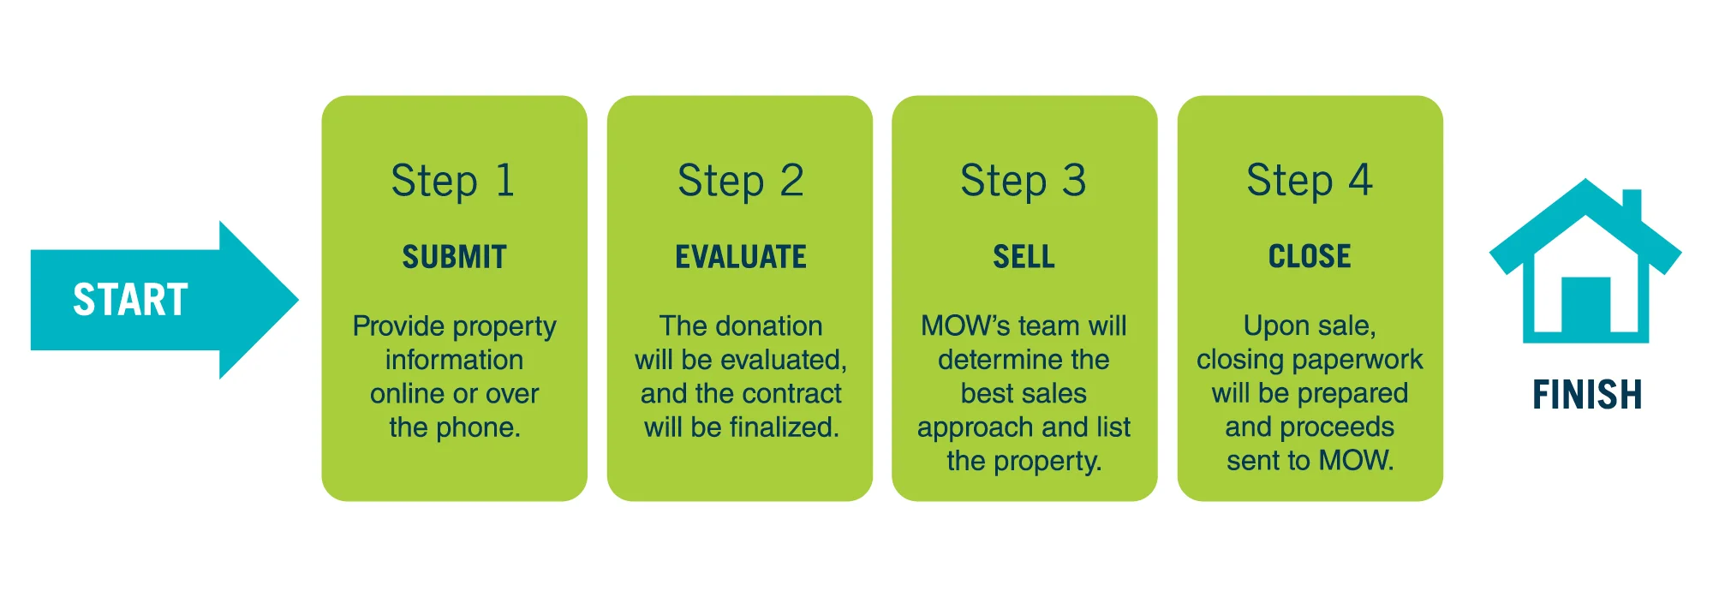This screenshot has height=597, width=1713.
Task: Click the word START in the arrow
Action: (130, 300)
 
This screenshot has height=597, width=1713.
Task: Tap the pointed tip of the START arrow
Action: (298, 300)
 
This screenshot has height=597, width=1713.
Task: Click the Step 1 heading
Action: (453, 182)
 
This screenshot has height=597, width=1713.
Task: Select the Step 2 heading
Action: (740, 182)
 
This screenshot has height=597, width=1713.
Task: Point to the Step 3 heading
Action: (1024, 182)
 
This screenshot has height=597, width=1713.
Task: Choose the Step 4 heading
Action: (1310, 182)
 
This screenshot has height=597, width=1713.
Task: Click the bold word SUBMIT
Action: (455, 257)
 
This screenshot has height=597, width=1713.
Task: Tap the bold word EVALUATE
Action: (741, 257)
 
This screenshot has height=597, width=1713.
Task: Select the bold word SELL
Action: (1024, 257)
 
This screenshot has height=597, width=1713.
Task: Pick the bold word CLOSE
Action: (1310, 257)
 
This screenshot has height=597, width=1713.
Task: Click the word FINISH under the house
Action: (1587, 395)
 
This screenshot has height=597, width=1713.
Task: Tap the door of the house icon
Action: (1585, 305)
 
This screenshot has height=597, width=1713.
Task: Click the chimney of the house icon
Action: (1632, 206)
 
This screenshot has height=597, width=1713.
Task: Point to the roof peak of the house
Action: (1586, 180)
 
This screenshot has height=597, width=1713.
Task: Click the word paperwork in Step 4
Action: (1374, 361)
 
